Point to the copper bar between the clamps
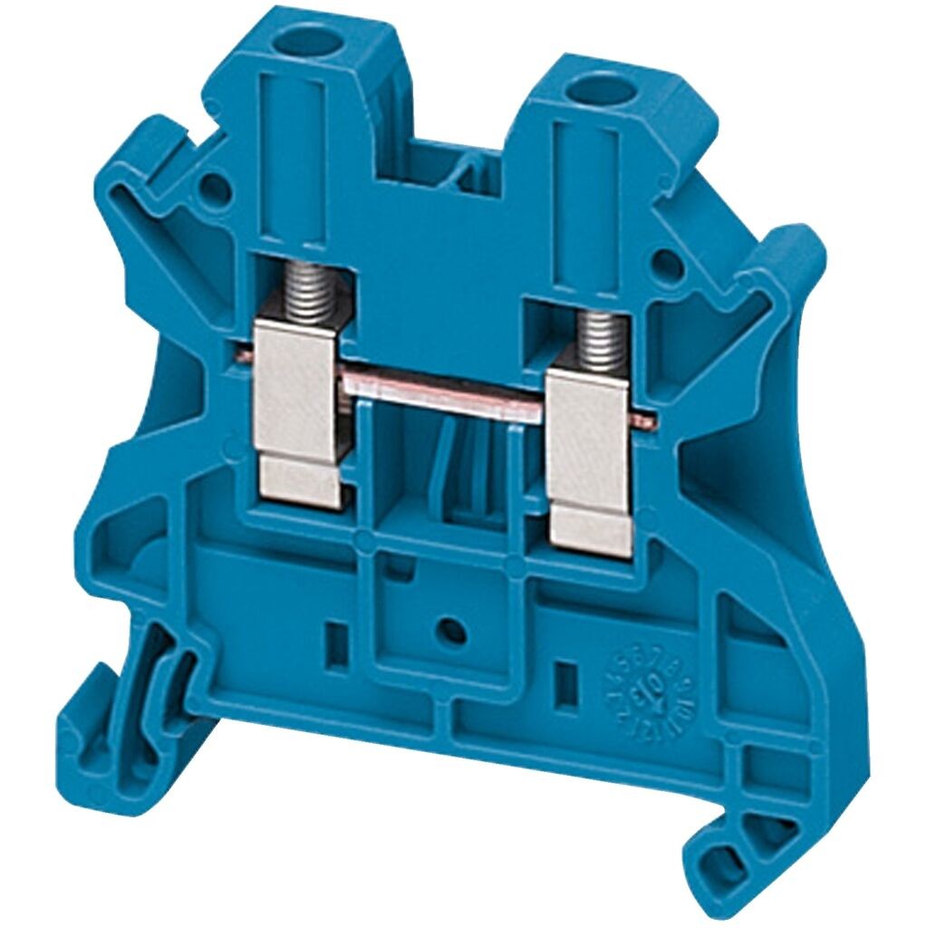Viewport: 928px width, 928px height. pyautogui.click(x=444, y=385)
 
